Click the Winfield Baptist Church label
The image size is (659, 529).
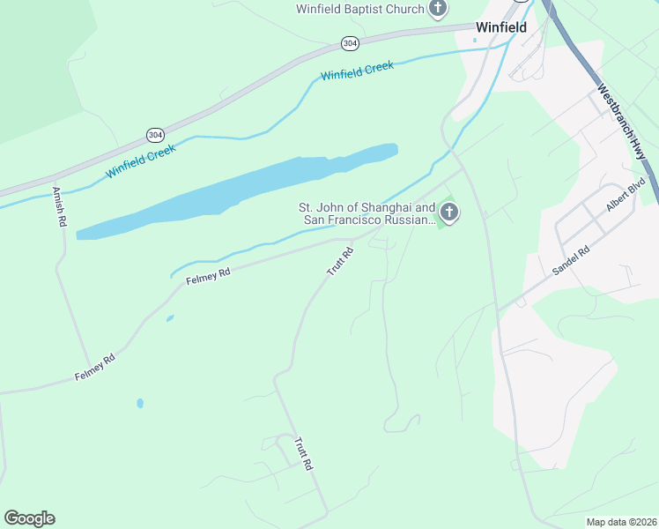coord(359,10)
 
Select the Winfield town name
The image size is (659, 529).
coord(500,27)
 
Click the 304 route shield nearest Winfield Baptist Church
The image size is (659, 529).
coord(351,42)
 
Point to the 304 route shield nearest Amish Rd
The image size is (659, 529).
coord(156,134)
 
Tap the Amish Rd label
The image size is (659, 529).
coord(60,206)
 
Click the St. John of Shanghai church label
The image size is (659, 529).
coord(368,213)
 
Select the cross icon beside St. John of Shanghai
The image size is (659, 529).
coord(449,212)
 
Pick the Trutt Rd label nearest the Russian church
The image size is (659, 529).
coord(340,262)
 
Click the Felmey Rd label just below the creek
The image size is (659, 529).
coord(208,277)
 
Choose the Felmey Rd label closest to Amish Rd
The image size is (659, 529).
coord(95,367)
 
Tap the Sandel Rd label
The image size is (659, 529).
coord(569,262)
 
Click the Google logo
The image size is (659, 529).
coord(29,518)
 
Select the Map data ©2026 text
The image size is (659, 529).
coord(620,522)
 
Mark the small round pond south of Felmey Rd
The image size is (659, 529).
coord(140,403)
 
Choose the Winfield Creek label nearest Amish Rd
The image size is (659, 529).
coord(141,160)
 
